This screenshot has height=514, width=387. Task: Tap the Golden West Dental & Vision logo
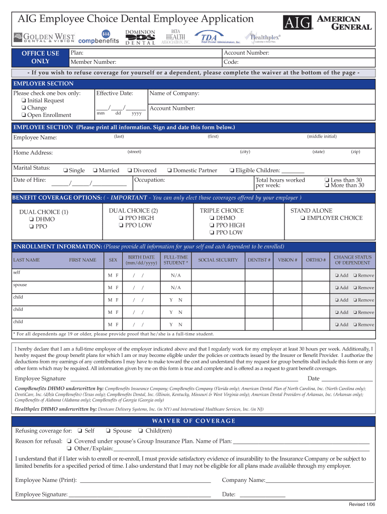[x=44, y=37]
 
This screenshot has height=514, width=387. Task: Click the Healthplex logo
[x=262, y=37]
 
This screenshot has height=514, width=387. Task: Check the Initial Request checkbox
[x=24, y=101]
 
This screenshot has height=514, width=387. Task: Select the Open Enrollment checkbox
[x=24, y=115]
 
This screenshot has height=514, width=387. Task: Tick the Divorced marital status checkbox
[x=130, y=171]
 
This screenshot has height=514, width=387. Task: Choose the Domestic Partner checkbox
[x=169, y=171]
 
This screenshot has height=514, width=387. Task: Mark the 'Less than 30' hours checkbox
[x=327, y=180]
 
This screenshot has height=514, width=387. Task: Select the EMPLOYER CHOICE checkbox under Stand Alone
[x=303, y=218]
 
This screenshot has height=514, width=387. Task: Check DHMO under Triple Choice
[x=212, y=218]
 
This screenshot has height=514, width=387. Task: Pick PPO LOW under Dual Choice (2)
[x=121, y=225]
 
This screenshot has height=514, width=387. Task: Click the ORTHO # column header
[x=316, y=260]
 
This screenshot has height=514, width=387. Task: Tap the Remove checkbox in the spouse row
[x=355, y=288]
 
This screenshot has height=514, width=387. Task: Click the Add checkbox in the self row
[x=337, y=276]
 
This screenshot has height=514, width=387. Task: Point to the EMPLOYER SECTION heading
[x=43, y=84]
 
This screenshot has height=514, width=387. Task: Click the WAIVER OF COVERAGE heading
[x=193, y=421]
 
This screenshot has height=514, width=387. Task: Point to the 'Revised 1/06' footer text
[x=362, y=504]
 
